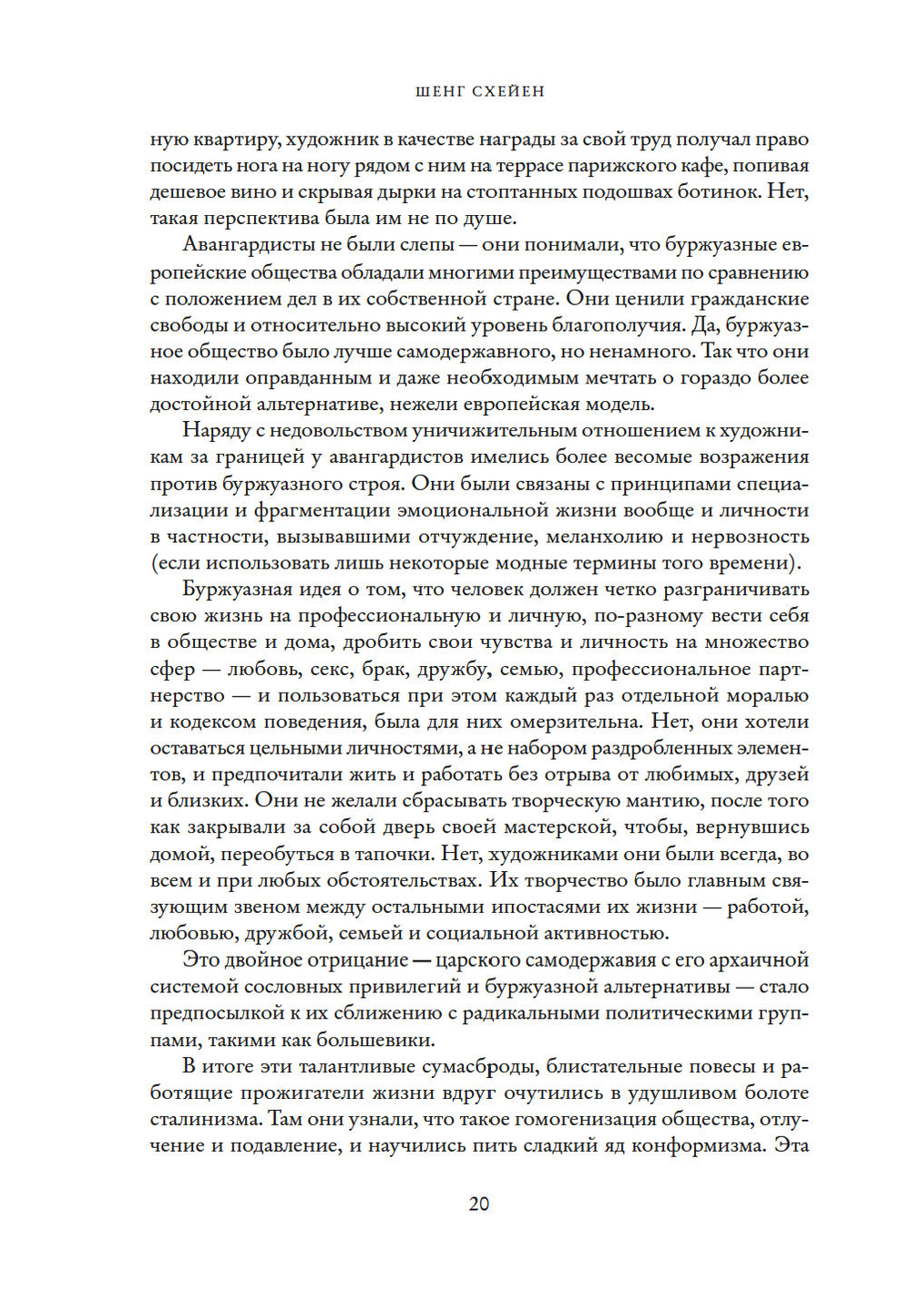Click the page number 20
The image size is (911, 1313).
(478, 1204)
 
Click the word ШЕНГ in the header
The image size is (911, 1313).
(440, 91)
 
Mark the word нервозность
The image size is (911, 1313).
(751, 537)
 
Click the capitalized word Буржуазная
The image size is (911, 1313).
(238, 590)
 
